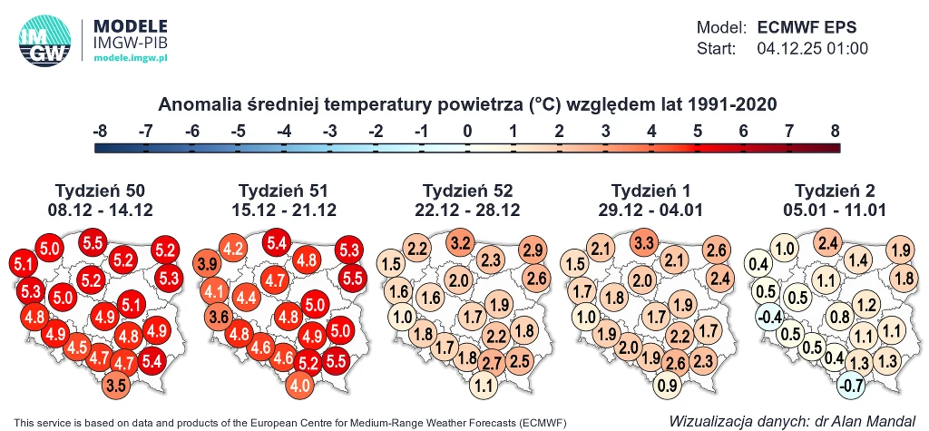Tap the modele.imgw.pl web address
(x=132, y=57)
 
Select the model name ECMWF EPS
(x=807, y=27)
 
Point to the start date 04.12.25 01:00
(x=812, y=48)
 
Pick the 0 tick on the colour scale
(x=466, y=132)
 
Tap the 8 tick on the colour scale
(x=834, y=132)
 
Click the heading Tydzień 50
(x=100, y=191)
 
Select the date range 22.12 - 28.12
(x=468, y=210)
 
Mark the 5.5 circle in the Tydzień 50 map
(x=93, y=242)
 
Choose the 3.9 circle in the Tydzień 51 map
(x=207, y=265)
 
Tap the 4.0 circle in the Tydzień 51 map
(x=299, y=384)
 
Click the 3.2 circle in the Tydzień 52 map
(x=460, y=242)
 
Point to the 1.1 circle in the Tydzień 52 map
(x=484, y=384)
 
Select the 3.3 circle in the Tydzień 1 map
(x=644, y=242)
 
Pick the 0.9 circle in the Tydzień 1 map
(x=667, y=384)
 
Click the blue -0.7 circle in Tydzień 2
(x=852, y=384)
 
